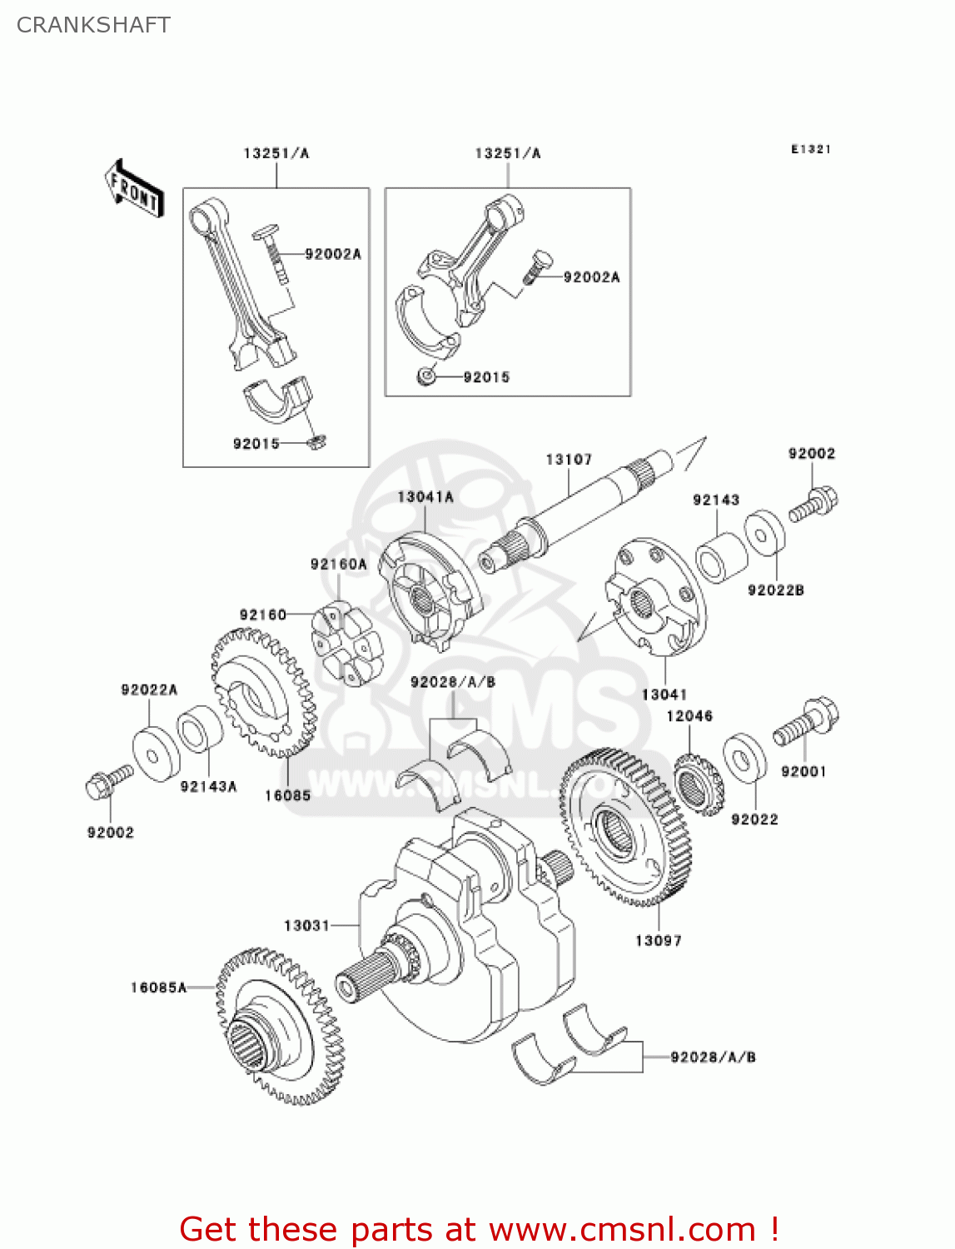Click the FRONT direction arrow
133,190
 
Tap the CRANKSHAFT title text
93,25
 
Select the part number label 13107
569,460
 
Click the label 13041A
425,497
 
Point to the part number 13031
306,926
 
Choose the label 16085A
158,988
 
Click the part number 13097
658,941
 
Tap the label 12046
689,716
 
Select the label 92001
803,772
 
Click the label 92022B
776,590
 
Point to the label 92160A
338,565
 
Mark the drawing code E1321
811,149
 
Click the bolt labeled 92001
806,722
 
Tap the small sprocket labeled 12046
698,784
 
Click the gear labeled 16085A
280,1025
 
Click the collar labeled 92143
722,556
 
